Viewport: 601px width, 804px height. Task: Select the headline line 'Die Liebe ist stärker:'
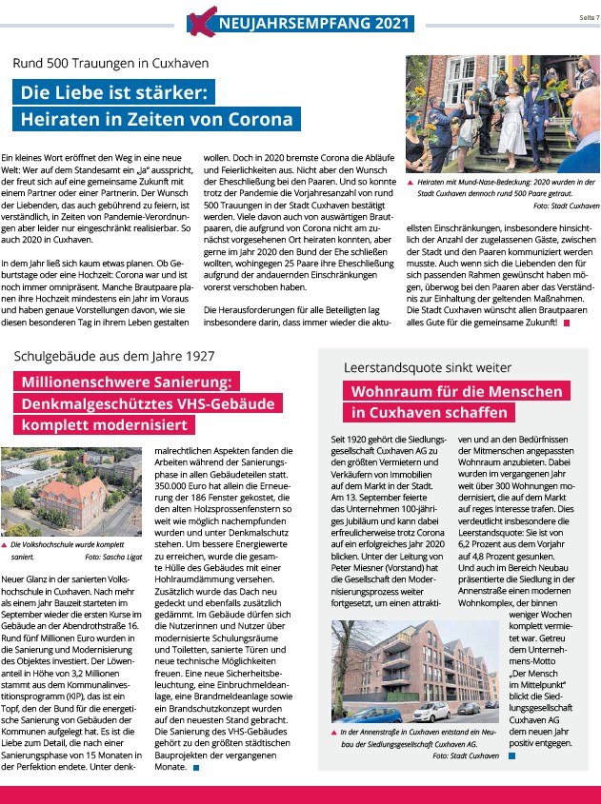tap(114, 93)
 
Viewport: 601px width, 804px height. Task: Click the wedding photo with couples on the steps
tap(503, 115)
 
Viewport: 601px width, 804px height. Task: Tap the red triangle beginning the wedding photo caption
tap(410, 181)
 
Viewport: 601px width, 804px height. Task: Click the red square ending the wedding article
tap(566, 324)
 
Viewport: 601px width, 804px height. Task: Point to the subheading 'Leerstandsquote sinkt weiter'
tap(428, 367)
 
